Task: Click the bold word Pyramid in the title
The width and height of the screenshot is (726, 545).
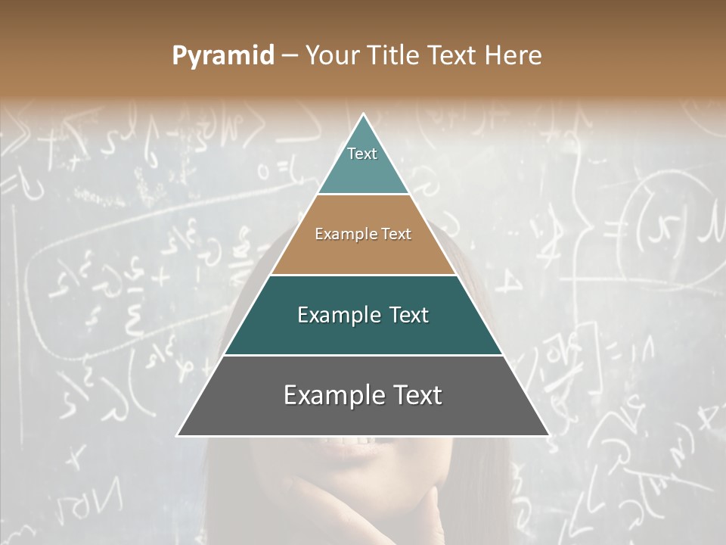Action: pos(223,56)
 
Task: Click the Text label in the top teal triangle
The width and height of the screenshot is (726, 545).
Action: pos(362,154)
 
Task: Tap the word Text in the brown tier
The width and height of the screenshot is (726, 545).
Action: pos(396,235)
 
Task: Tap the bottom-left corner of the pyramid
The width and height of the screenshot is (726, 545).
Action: pos(178,435)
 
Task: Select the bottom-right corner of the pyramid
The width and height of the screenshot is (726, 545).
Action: pos(548,435)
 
